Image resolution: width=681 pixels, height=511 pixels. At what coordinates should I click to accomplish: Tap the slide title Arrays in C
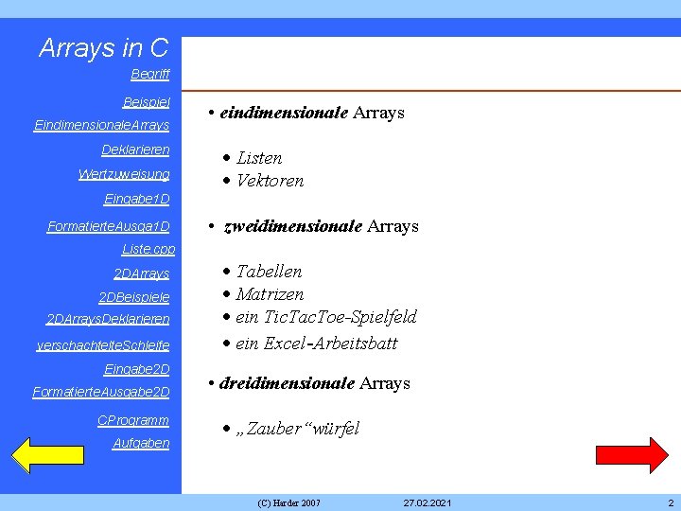coord(104,47)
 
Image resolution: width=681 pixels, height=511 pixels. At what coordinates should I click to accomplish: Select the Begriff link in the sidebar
coord(150,74)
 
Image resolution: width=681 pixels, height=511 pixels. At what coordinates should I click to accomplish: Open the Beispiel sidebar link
coord(147,101)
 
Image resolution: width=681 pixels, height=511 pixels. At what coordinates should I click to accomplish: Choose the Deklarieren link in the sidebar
coord(135,150)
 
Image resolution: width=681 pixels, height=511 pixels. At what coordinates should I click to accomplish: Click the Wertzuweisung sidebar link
coord(124,174)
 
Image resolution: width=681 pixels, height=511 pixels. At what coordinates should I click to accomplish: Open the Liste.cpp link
coord(149,250)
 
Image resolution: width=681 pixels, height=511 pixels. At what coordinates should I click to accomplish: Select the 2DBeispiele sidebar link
coord(134,297)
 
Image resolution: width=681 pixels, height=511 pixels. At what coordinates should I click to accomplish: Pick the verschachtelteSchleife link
coord(103,345)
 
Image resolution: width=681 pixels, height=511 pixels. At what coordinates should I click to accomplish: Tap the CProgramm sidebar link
coord(133,420)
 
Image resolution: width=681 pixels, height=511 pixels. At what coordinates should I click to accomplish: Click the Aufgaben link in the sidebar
coord(141,443)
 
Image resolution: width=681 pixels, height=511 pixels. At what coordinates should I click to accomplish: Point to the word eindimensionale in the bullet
coord(284,113)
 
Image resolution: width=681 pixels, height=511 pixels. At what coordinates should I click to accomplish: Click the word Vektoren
coord(270,181)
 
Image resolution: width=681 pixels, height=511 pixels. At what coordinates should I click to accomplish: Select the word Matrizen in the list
coord(270,294)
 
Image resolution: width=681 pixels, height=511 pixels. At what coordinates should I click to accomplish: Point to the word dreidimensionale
coord(287,383)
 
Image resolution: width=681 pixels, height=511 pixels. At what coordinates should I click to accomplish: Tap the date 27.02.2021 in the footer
coord(427,502)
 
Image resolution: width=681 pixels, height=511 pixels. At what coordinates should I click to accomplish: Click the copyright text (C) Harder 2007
coord(288,502)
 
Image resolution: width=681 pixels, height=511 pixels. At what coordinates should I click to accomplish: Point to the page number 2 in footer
coord(670,502)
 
